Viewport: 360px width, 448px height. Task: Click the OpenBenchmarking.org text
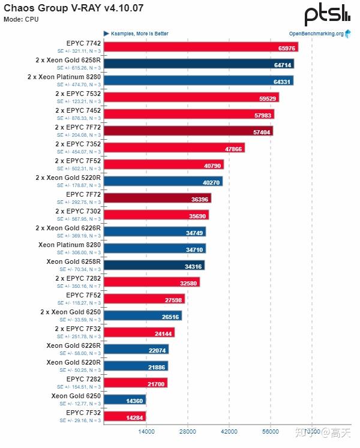pos(316,34)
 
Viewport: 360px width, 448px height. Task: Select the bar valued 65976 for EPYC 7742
pos(201,47)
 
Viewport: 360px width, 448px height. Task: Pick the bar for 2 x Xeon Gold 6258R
pos(199,64)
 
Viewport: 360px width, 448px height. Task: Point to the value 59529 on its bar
pos(268,98)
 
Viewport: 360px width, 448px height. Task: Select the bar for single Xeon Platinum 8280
pos(155,248)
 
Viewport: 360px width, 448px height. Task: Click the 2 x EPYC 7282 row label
pos(77,278)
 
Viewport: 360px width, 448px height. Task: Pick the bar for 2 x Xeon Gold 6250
pos(143,316)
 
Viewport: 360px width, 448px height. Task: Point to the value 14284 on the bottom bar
pos(134,417)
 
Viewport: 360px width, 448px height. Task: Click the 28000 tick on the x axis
pos(188,431)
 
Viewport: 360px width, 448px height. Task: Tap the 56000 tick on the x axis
pos(271,431)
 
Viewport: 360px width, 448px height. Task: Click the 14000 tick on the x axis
pos(146,431)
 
